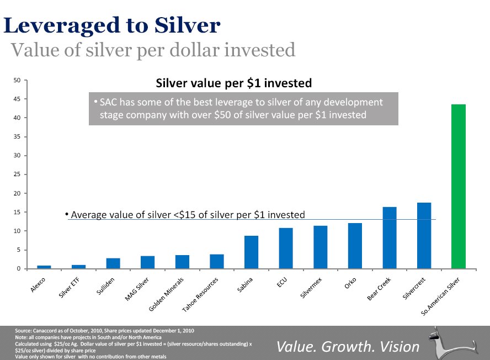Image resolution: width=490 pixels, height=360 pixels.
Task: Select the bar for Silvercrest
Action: point(424,236)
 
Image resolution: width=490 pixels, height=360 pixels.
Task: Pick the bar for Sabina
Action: point(251,252)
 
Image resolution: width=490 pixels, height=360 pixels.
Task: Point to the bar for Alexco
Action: point(44,267)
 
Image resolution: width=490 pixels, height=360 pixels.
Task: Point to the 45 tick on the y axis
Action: point(17,99)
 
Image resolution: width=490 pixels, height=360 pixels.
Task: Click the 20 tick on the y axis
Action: point(17,193)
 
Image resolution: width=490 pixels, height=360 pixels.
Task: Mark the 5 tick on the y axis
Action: point(19,250)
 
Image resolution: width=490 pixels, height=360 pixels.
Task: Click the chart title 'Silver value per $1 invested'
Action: point(234,83)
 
